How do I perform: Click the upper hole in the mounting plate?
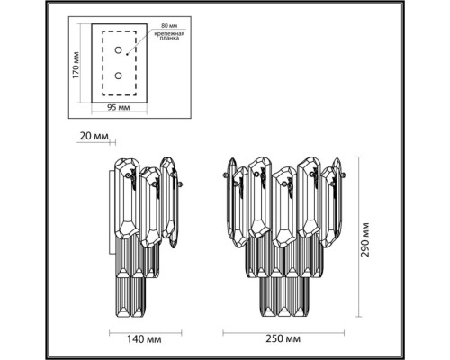(117, 53)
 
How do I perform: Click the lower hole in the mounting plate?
(117, 76)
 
